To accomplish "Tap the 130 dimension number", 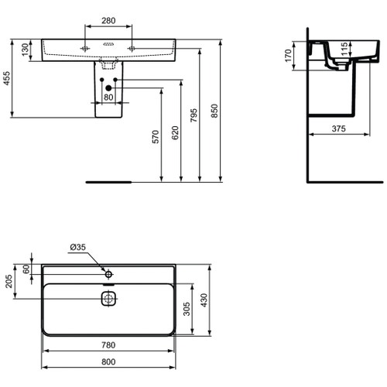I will [x=25, y=49].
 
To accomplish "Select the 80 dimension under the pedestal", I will [x=109, y=97].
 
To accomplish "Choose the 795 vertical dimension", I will [x=195, y=113].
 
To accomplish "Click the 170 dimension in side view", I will [x=287, y=57].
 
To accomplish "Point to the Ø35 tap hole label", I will [x=78, y=247].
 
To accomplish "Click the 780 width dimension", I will [x=110, y=344].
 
